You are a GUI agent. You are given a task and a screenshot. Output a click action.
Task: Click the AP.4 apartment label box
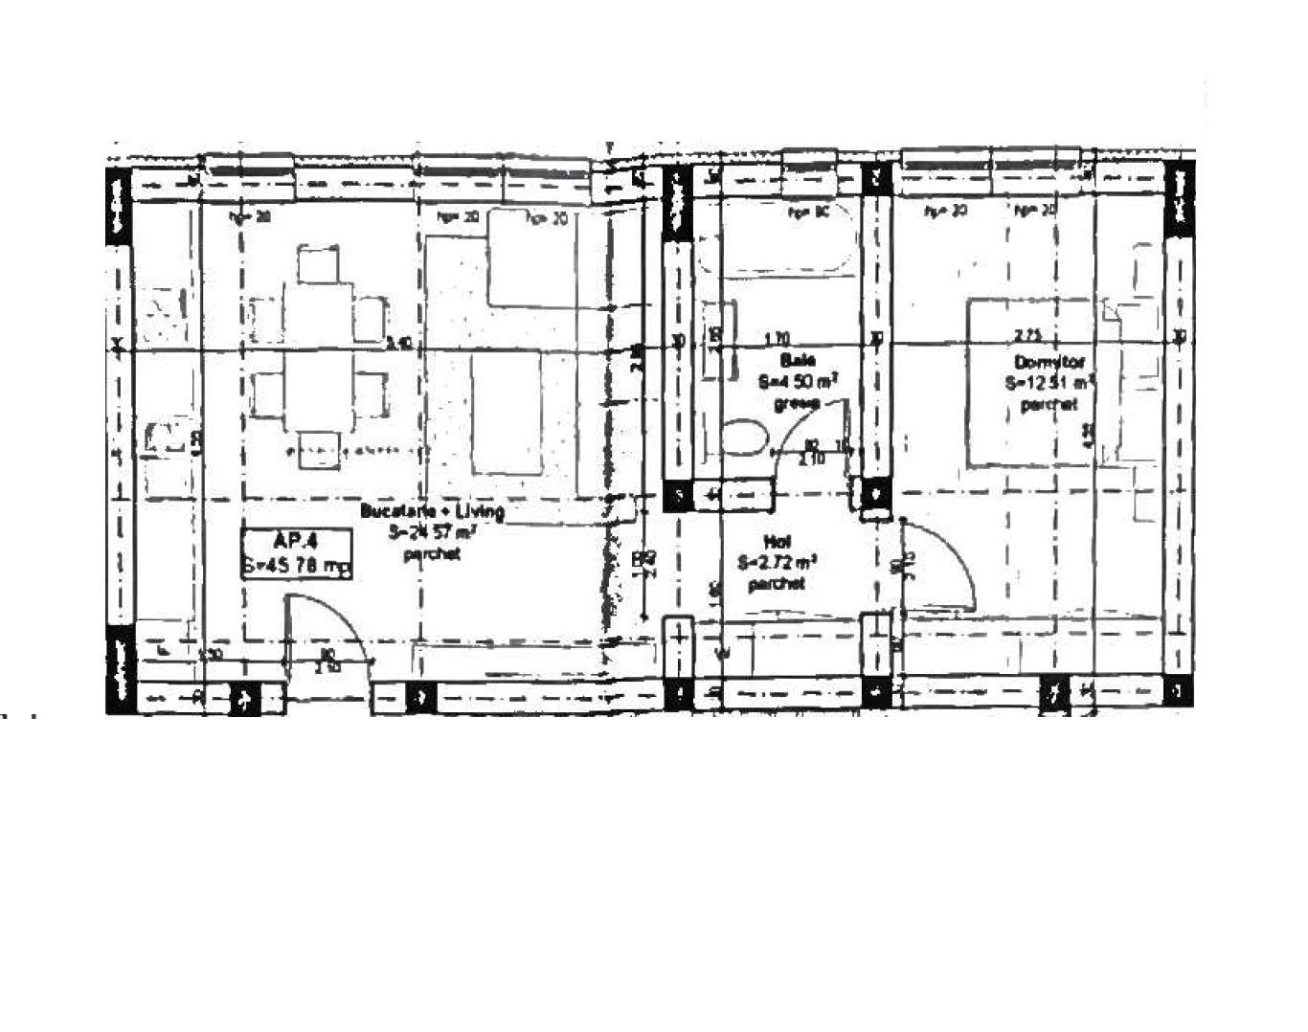[297, 553]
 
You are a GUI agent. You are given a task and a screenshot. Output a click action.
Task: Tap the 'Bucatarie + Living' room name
[432, 511]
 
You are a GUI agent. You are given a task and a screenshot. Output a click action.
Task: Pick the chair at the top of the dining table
[318, 263]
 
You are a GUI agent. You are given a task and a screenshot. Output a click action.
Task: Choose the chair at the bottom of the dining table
[318, 449]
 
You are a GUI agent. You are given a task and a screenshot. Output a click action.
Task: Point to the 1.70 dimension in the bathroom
[777, 338]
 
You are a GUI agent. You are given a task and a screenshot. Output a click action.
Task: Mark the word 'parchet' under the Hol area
[777, 583]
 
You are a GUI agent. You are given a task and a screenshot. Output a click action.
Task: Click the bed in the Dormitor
[1034, 383]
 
